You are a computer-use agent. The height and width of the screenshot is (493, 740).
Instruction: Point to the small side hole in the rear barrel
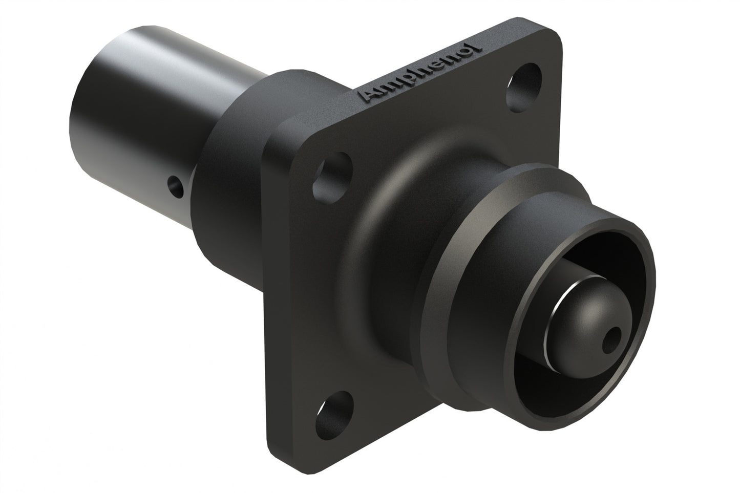point(175,187)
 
